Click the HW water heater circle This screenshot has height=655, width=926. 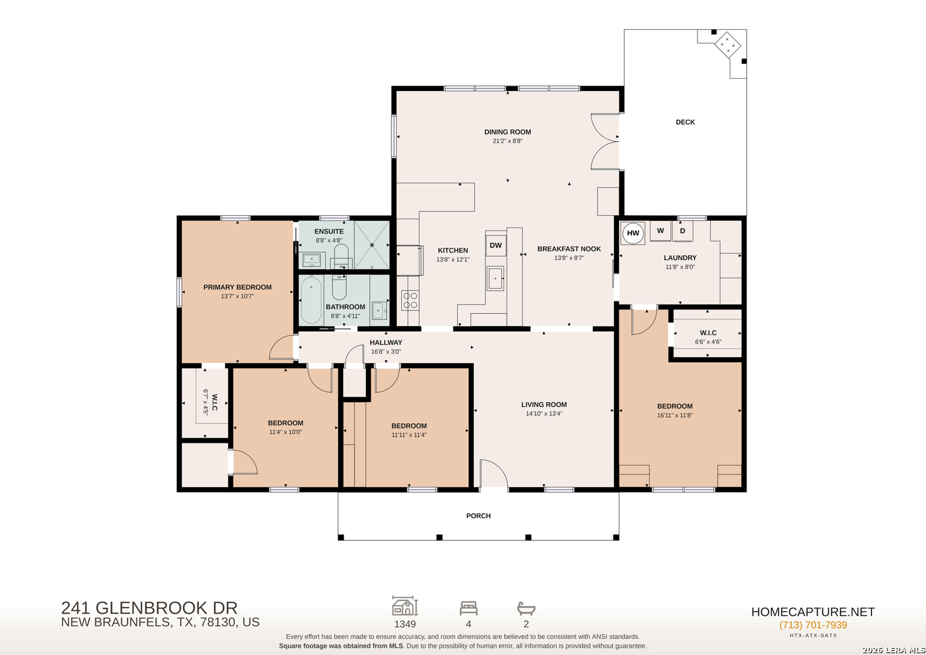point(633,233)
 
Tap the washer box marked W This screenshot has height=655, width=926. point(660,231)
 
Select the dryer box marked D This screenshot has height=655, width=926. point(682,231)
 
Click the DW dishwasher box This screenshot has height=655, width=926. point(496,246)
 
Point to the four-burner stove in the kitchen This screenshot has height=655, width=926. point(410,300)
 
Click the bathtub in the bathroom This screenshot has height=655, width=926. point(311,300)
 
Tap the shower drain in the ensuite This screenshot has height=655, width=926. point(372,245)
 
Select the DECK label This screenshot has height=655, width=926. point(685,122)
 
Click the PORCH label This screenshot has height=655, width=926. point(478,516)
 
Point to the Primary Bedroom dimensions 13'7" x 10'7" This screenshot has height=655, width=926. point(238,296)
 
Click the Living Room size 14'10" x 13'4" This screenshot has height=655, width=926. point(544,414)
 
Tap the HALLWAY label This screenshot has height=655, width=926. point(385,343)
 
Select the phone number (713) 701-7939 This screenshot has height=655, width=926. point(813,625)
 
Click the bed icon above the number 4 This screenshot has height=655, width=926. point(468,608)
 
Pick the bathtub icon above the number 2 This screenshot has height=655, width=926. point(526,608)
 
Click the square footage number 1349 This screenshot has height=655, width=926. point(405,624)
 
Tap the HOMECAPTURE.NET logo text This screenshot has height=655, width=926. point(813,611)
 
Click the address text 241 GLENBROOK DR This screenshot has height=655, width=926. point(149,608)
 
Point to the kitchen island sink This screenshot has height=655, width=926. point(495,278)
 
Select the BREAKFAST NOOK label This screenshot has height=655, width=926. point(569,249)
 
